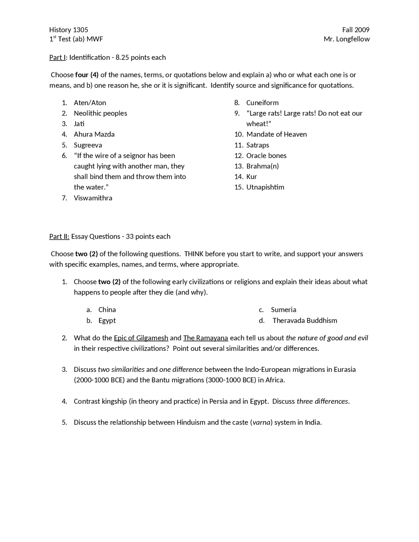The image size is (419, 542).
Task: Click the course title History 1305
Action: [x=68, y=30]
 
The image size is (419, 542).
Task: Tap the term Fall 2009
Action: [x=355, y=30]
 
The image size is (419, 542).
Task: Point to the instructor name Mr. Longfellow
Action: [x=346, y=39]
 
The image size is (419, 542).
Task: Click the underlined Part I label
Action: [x=58, y=57]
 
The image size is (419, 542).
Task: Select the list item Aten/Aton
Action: [x=90, y=102]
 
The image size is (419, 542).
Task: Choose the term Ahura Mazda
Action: [x=94, y=134]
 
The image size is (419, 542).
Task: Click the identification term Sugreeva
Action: [x=88, y=145]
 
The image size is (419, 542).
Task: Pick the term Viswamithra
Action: [x=93, y=198]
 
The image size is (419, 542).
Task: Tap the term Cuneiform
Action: [x=262, y=102]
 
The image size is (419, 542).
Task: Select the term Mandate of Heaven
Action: [x=276, y=134]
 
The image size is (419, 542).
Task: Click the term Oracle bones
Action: [x=266, y=155]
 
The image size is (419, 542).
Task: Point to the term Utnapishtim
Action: [x=265, y=187]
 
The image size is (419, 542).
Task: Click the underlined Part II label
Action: [x=59, y=236]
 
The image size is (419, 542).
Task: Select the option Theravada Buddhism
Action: [x=304, y=320]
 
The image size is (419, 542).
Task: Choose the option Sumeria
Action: [x=283, y=310]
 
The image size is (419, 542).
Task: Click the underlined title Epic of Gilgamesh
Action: [x=141, y=338]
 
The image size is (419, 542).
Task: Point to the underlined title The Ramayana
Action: [x=205, y=338]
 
